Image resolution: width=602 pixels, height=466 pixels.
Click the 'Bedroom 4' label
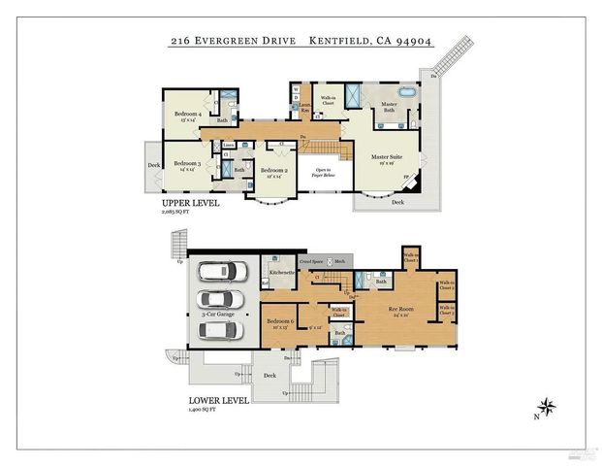pos(188,114)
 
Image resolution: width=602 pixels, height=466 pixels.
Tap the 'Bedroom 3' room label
pos(186,164)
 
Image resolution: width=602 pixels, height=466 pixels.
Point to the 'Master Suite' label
pos(387,156)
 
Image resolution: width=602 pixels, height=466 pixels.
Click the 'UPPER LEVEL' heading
pos(190,204)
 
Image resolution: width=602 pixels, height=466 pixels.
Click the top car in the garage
pos(223,271)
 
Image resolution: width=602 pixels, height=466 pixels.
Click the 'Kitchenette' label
pos(283,274)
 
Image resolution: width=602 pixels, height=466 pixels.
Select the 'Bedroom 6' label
pos(280,320)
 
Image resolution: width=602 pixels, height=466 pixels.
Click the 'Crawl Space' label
pos(311,262)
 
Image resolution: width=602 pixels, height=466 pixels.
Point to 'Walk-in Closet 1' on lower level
pos(411,258)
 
